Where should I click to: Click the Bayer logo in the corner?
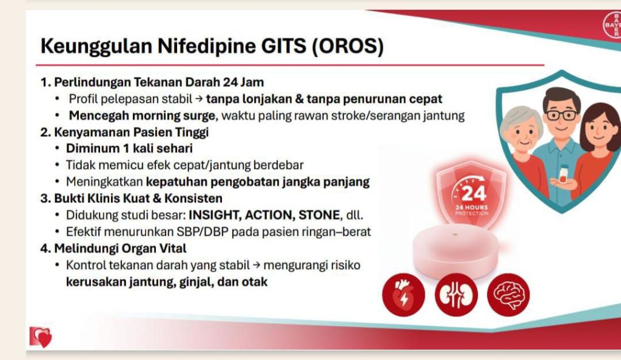[x=613, y=24]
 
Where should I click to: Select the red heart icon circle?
[x=403, y=295]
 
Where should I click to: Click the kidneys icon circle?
[x=456, y=295]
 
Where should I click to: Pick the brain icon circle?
[x=508, y=295]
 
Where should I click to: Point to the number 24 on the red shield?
[x=474, y=193]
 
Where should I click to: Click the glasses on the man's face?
[x=561, y=115]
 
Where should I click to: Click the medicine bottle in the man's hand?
[x=563, y=174]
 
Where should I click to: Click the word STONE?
[x=319, y=215]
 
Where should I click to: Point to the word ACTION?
[x=269, y=215]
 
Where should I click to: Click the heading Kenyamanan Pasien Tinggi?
[x=131, y=132]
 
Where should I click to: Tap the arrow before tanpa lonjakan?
[x=199, y=99]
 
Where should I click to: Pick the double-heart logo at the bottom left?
[x=41, y=337]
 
